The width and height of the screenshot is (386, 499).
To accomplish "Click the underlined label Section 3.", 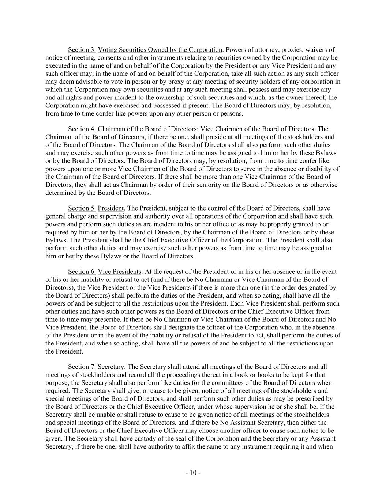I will (82, 50).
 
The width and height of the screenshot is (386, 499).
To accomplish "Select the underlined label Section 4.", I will (82, 129).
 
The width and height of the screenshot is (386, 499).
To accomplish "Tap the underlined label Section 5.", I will (82, 208).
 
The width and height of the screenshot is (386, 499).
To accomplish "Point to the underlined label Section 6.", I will (82, 272).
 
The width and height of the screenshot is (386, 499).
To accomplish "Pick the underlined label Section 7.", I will (82, 367).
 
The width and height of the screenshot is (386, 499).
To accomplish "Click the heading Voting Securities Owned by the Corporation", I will (160, 50).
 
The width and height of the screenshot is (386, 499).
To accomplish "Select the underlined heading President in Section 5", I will (111, 208).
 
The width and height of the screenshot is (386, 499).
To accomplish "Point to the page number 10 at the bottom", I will (193, 473).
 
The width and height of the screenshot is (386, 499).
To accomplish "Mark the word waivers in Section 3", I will (318, 50).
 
